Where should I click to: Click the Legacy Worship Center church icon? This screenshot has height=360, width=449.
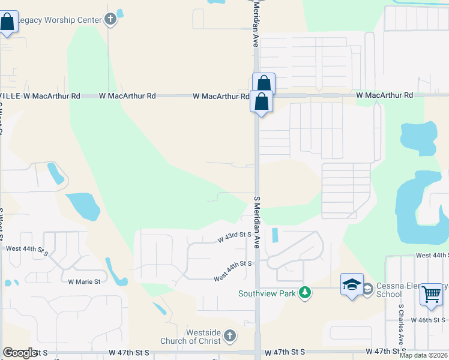point(110,20)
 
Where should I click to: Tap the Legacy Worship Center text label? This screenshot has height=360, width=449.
point(59,20)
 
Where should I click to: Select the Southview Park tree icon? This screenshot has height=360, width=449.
point(306,293)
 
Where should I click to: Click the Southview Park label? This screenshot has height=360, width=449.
point(267,293)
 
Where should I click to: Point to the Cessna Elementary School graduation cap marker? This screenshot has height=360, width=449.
point(352,285)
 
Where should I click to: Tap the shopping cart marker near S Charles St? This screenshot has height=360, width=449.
point(431,295)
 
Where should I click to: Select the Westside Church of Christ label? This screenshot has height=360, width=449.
point(190,337)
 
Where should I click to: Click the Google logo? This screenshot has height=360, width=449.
point(20,353)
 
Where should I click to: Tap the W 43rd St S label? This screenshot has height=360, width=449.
point(234,237)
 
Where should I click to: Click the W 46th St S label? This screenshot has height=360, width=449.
point(430,320)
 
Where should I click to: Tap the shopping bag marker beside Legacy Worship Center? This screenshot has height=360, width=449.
point(8,23)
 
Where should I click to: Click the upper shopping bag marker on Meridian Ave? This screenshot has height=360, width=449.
point(264,83)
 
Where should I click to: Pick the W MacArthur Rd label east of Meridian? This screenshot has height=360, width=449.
point(384,95)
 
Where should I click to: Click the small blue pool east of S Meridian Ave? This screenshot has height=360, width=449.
point(275,235)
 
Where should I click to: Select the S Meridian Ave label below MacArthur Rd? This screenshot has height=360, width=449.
point(257,222)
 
